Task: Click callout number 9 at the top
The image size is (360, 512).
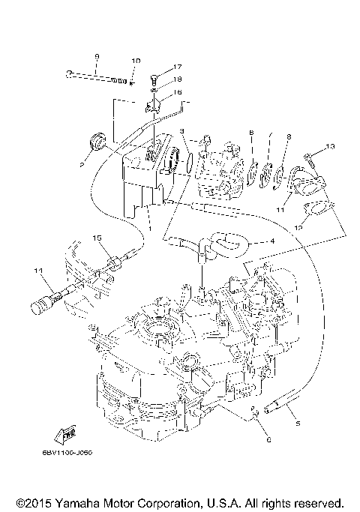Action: [97, 56]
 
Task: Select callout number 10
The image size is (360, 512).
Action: [136, 60]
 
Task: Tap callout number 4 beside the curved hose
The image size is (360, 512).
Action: [271, 241]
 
